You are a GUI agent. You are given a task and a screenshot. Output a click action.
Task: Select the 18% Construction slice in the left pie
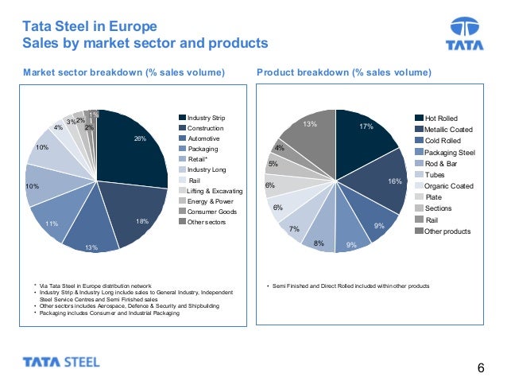(131, 211)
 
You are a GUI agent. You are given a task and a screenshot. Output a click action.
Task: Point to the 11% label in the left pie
(52, 224)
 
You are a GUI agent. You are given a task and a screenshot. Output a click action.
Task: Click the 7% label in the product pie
(294, 228)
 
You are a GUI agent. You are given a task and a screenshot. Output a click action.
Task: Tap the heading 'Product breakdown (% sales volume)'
(344, 73)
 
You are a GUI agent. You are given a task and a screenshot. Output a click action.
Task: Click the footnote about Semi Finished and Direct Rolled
(350, 285)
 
